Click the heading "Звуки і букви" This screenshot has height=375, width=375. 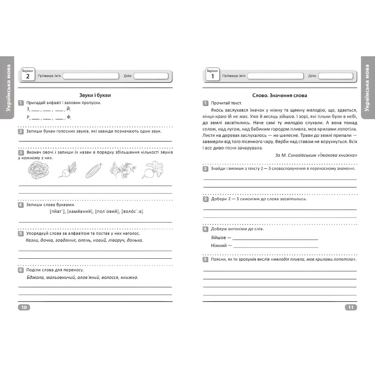(95, 95)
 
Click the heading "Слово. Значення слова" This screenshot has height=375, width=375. (279, 95)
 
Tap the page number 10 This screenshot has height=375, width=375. (24, 307)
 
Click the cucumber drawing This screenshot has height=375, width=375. (94, 171)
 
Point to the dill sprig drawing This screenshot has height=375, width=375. (120, 171)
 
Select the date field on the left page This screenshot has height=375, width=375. (151, 76)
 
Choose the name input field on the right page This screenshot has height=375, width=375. (276, 76)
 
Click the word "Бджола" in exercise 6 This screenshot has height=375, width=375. (35, 277)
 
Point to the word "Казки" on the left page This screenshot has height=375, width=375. (33, 240)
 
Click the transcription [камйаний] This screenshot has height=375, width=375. (80, 211)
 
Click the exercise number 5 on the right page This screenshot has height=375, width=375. (205, 259)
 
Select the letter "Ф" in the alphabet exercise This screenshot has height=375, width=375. (68, 117)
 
